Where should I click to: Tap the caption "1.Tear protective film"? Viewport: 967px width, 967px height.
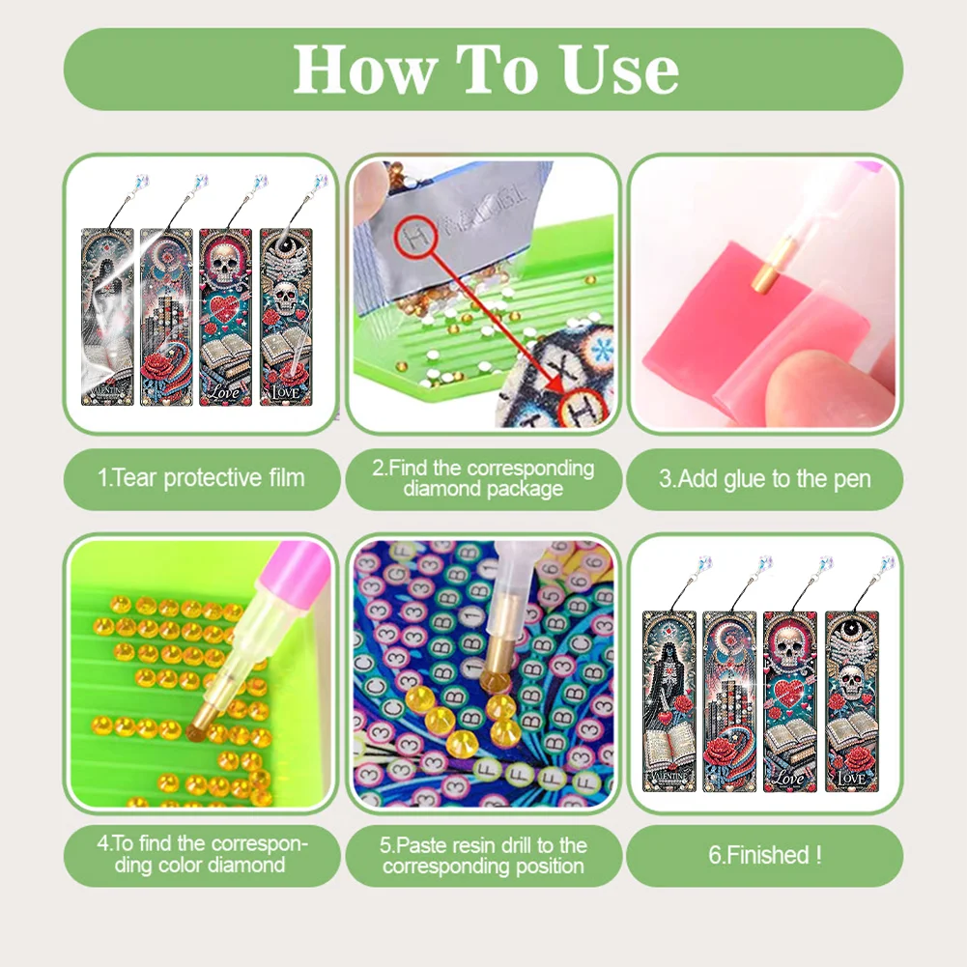pyautogui.click(x=202, y=477)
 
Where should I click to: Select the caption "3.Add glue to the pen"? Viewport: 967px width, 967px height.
pyautogui.click(x=764, y=477)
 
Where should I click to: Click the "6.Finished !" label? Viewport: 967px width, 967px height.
pyautogui.click(x=764, y=854)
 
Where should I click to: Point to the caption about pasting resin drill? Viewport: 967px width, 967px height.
pyautogui.click(x=483, y=855)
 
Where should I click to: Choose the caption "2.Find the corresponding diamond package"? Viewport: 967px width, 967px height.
pyautogui.click(x=483, y=477)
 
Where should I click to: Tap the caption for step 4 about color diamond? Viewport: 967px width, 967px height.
pyautogui.click(x=202, y=855)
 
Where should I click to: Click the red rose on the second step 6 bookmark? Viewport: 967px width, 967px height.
pyautogui.click(x=731, y=745)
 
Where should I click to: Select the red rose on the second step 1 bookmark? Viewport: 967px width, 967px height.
pyautogui.click(x=157, y=367)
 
